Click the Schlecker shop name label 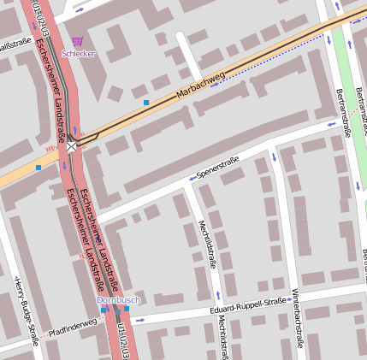tap(79, 53)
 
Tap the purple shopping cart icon tap(78, 41)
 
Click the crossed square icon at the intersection tap(72, 147)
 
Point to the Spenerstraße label tap(217, 168)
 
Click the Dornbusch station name tap(118, 300)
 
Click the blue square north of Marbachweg tap(146, 103)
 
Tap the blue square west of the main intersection tap(38, 168)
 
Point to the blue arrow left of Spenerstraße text tap(191, 180)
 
